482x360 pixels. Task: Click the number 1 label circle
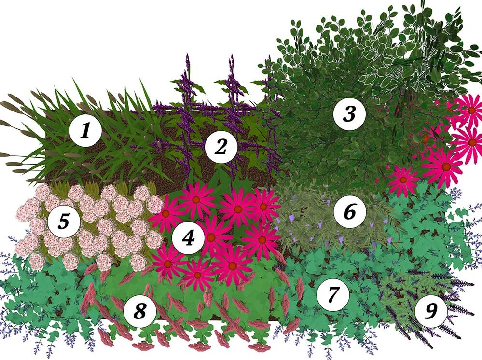(x=85, y=131)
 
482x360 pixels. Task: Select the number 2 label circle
(x=220, y=147)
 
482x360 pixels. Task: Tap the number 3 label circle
(x=349, y=114)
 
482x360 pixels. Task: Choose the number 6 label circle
(x=349, y=211)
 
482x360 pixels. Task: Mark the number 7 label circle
(x=333, y=294)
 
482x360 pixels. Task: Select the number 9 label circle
(x=431, y=310)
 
